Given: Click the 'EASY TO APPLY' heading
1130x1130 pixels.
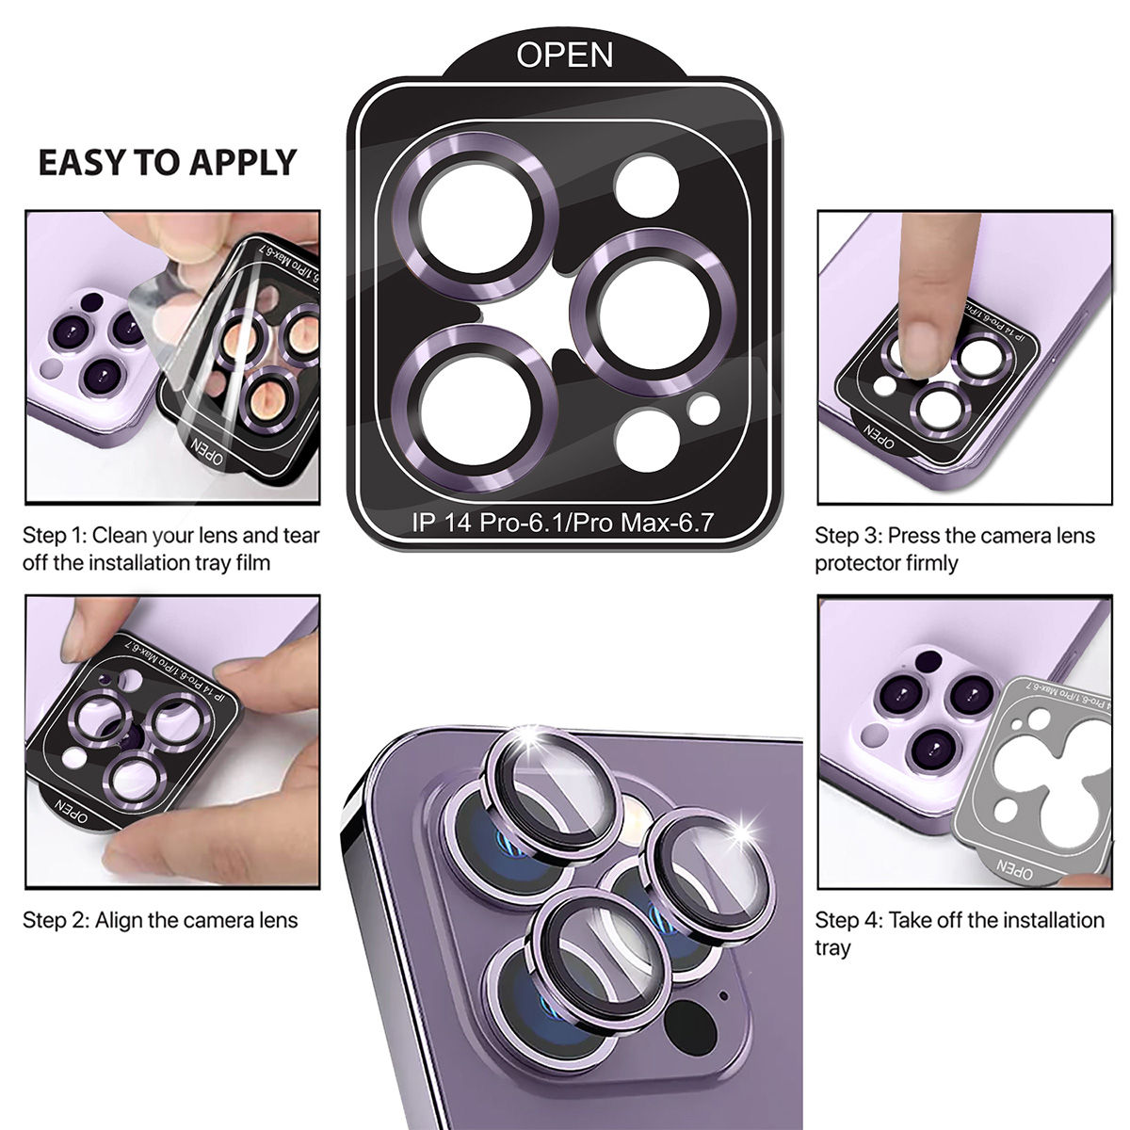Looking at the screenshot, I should point(167,163).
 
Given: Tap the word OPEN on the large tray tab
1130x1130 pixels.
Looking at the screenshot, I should point(564,55).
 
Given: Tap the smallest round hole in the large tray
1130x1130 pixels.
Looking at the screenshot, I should point(703,409).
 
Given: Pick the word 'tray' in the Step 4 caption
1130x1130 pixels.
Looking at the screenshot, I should point(832,947).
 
